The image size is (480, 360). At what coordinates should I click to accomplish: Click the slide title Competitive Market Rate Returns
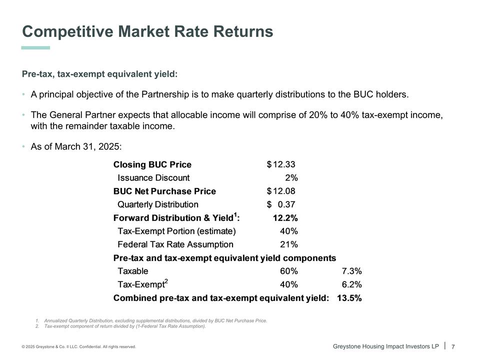click(147, 31)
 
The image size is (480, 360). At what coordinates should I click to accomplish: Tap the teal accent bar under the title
click(35, 48)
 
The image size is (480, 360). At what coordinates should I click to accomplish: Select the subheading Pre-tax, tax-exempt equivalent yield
click(99, 74)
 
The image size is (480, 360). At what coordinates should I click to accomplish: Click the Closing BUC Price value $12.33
click(284, 164)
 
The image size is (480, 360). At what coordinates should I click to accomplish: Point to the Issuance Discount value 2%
click(291, 177)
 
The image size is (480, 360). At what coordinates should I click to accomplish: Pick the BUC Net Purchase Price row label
click(164, 191)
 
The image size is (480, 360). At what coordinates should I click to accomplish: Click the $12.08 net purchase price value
click(284, 191)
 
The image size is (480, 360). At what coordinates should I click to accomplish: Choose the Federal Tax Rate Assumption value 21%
click(289, 244)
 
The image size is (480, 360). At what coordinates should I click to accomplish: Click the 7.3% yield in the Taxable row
click(351, 271)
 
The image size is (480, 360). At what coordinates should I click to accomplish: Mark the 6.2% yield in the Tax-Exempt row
click(351, 284)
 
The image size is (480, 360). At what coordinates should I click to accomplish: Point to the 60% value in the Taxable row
click(289, 271)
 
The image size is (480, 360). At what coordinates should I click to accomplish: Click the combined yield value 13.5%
click(349, 298)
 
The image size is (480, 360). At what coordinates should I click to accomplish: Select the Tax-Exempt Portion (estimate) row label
click(176, 231)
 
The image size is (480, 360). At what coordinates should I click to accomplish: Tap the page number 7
click(453, 346)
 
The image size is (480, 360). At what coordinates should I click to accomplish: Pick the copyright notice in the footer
click(78, 346)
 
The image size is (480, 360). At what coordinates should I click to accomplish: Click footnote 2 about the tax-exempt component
click(124, 326)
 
